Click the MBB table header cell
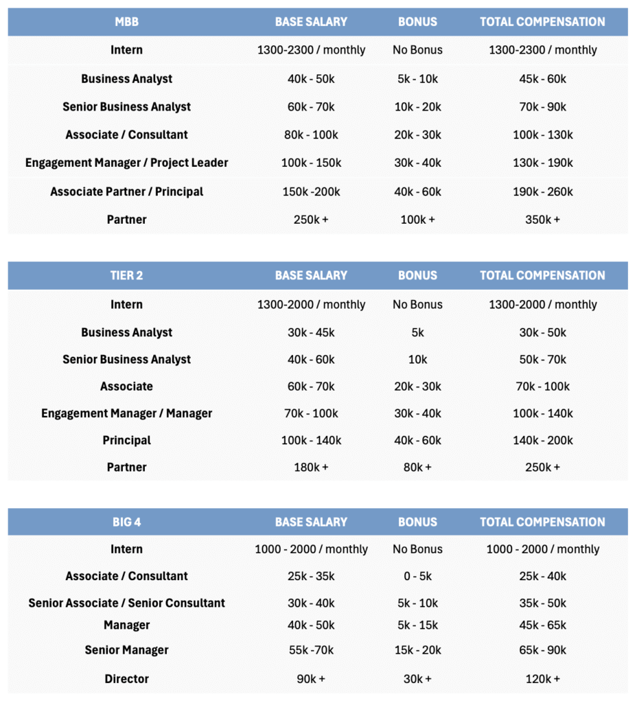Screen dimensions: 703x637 126,22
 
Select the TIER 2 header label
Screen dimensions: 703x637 126,275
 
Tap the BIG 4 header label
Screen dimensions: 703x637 126,522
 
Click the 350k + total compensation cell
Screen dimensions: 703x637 542,220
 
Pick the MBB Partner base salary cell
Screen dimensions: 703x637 311,220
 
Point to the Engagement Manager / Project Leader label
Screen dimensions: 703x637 126,163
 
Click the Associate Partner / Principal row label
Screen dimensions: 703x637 126,192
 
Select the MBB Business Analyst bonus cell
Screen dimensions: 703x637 417,79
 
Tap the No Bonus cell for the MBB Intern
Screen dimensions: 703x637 417,50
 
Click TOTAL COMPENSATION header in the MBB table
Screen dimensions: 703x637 542,22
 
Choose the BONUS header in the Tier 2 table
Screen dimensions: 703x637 417,275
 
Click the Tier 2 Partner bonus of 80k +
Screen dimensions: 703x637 417,467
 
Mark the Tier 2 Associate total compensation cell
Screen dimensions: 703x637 542,387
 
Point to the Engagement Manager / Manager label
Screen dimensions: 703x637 126,413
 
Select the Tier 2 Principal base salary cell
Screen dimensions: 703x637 311,440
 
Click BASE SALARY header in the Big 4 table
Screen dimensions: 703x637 311,522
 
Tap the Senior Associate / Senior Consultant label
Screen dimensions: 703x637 126,603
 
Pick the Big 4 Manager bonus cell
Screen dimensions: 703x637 417,625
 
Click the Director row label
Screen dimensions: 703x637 126,679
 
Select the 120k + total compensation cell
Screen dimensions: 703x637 542,679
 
